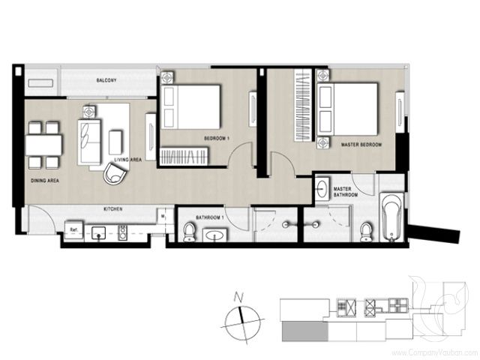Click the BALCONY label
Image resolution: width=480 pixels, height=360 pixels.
[105, 80]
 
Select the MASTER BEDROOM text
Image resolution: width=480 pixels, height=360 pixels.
[361, 144]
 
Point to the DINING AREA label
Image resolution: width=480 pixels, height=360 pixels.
[46, 181]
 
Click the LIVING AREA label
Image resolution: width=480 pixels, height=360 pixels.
[128, 160]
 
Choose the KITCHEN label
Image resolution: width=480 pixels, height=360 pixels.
[112, 208]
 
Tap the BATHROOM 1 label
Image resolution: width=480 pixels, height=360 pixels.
[209, 217]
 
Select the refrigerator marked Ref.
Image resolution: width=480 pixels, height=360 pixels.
[74, 229]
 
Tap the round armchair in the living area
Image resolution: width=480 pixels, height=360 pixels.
[115, 175]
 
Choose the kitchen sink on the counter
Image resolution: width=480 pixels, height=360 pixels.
[100, 232]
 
